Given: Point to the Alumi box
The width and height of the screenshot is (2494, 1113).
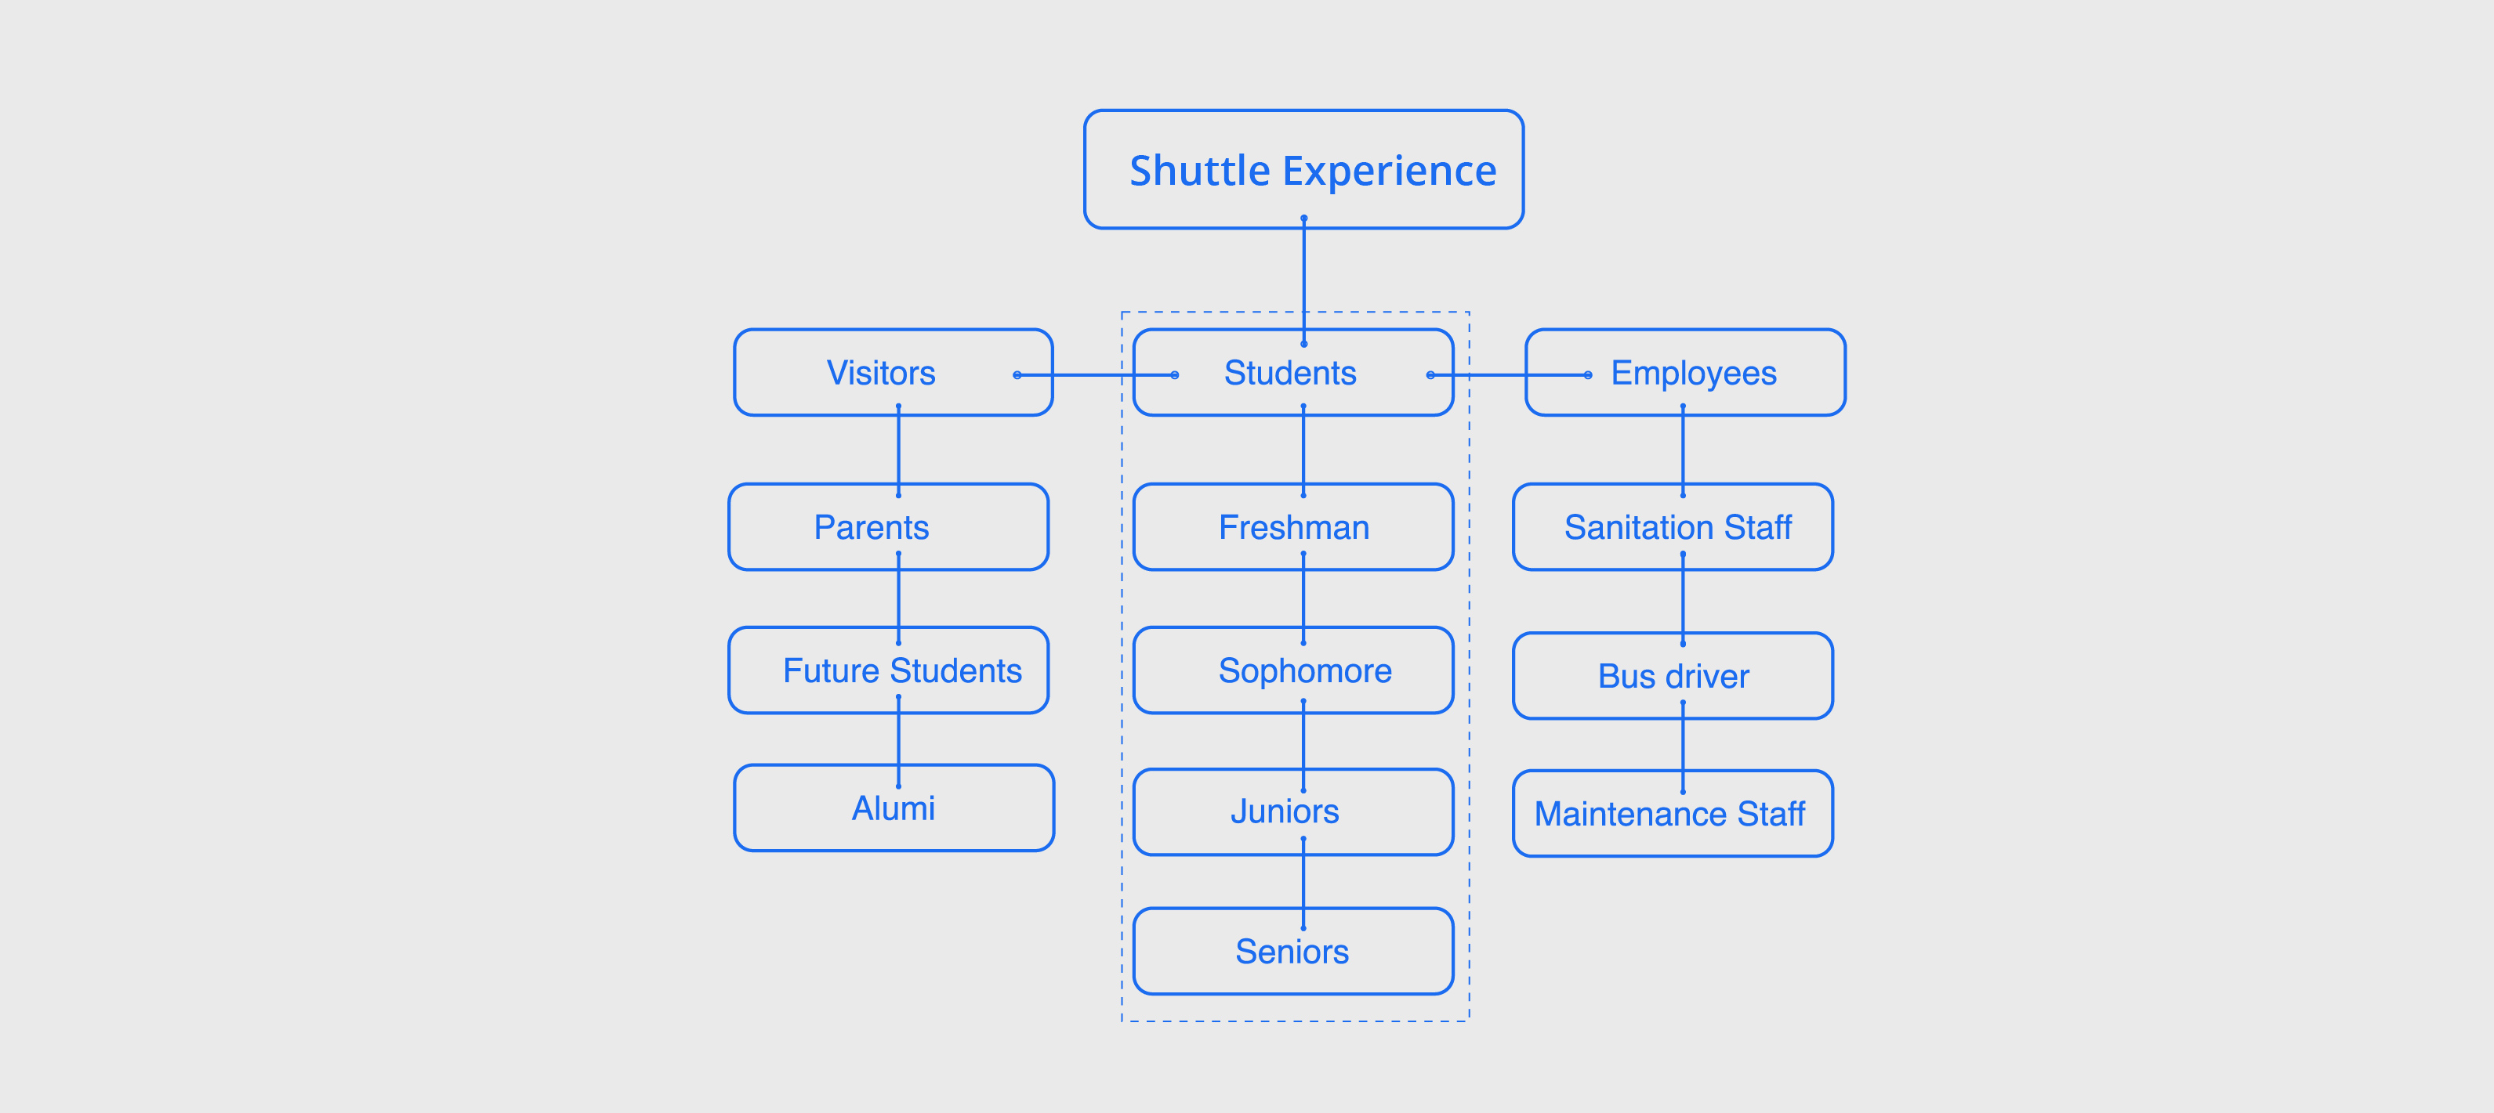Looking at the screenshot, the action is pos(893,808).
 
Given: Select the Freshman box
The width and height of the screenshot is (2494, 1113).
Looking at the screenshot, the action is pos(1293,527).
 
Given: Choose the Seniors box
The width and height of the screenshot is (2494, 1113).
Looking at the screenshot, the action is pos(1292,952).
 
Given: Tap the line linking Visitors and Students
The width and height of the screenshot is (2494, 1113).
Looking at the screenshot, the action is pos(1094,374).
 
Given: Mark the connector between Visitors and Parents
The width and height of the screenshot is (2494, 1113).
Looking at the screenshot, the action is pos(898,450).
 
